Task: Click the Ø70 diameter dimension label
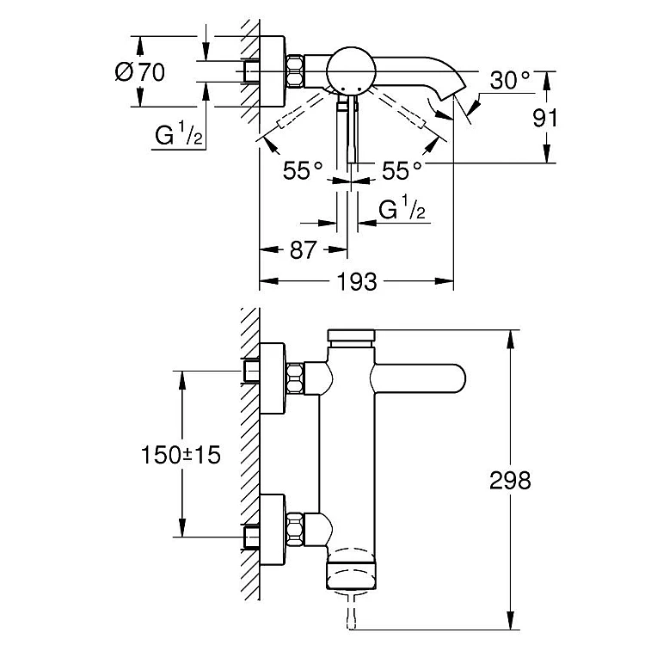click(x=140, y=72)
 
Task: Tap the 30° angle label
click(x=510, y=80)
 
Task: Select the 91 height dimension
click(x=545, y=119)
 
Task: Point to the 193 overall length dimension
click(x=357, y=282)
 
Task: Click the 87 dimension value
click(x=304, y=250)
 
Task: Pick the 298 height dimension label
click(x=510, y=480)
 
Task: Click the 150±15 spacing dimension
click(x=181, y=455)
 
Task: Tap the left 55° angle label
click(x=303, y=170)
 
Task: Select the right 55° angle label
click(x=402, y=170)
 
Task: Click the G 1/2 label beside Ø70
click(x=179, y=133)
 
